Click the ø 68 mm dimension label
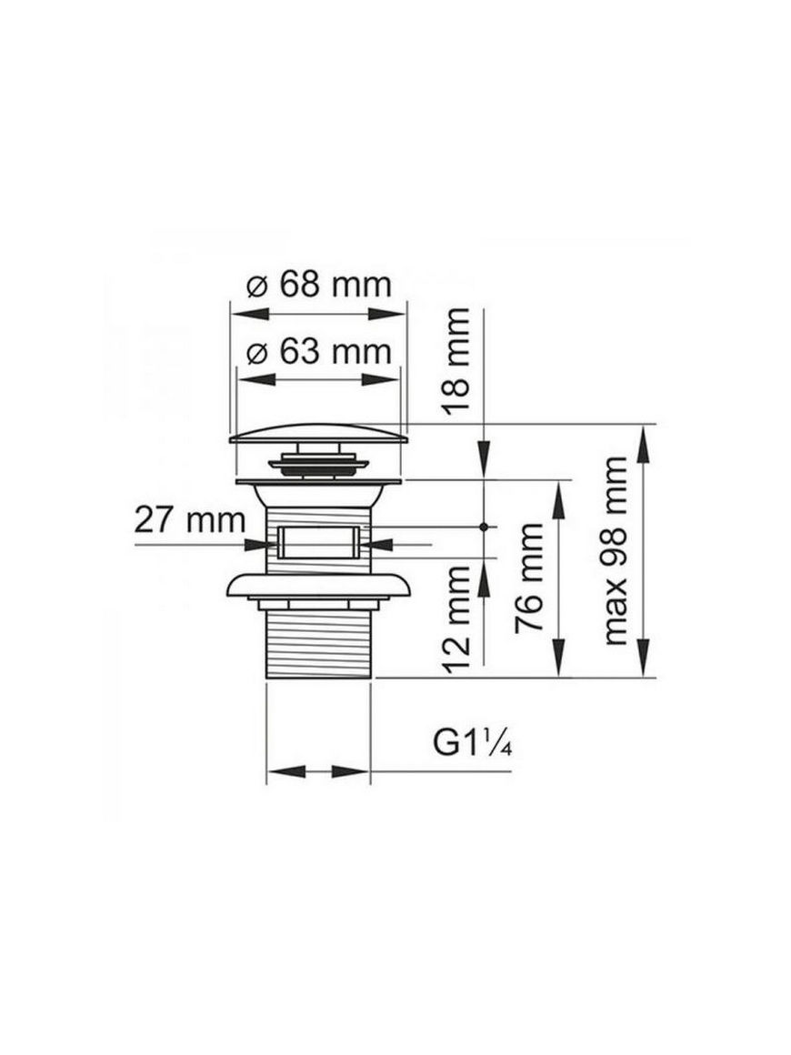click(x=319, y=285)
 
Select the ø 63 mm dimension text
click(x=319, y=352)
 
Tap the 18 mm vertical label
click(x=455, y=361)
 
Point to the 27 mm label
click(x=190, y=520)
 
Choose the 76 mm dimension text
click(x=528, y=578)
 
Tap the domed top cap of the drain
click(x=318, y=434)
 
